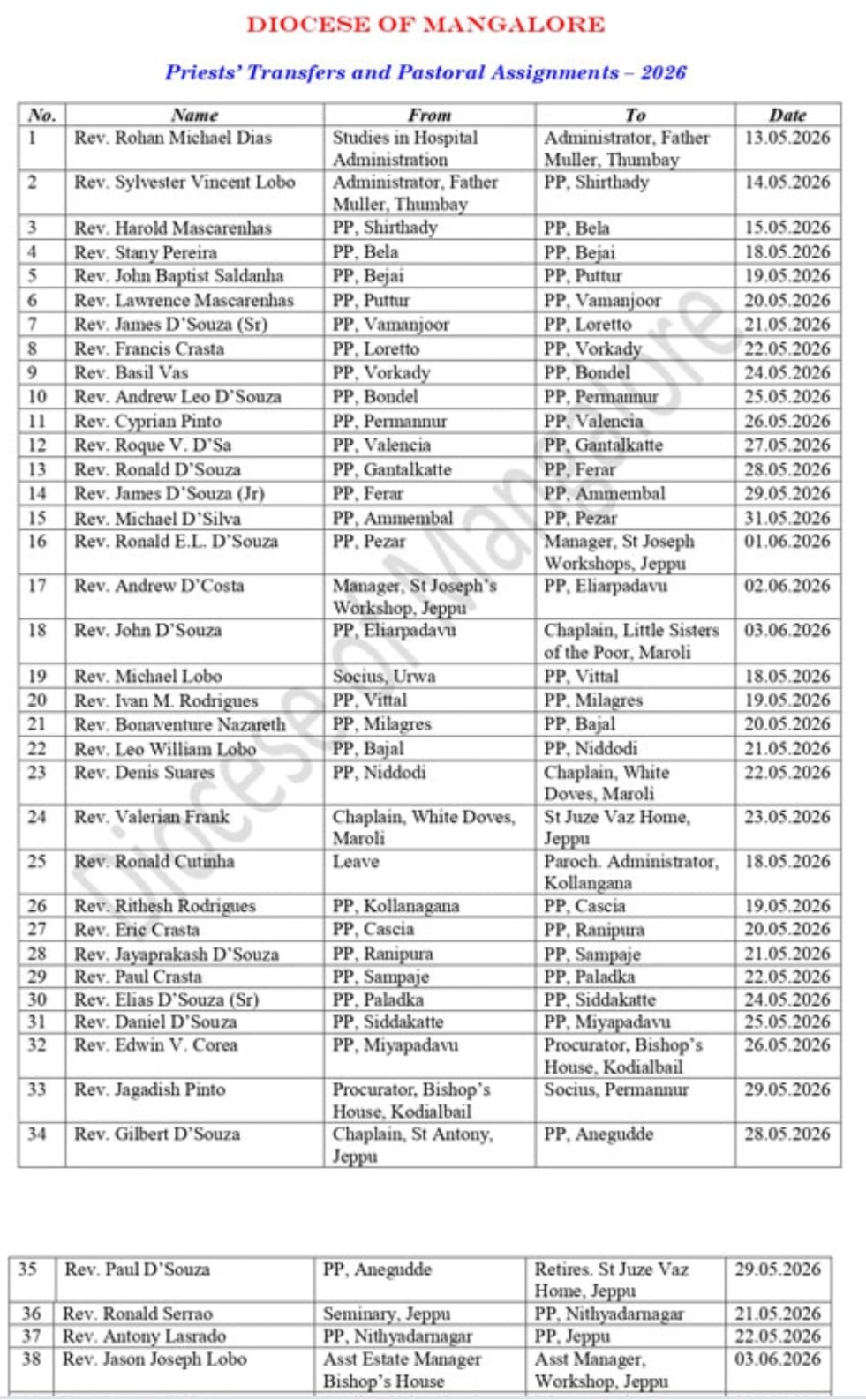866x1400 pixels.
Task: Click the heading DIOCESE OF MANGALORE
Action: pos(425,25)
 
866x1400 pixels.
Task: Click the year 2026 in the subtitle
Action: pos(663,72)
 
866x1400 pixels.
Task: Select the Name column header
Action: pos(194,115)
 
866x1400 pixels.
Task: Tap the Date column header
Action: pos(787,115)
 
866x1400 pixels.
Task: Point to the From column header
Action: pos(429,115)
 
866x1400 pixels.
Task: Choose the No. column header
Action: pos(41,115)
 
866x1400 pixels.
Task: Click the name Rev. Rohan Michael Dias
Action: pos(173,138)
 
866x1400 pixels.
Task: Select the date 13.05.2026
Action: pos(787,138)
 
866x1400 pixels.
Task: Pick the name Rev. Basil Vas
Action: pos(132,372)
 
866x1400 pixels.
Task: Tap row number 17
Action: pos(37,586)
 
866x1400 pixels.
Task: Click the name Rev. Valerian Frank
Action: pos(152,817)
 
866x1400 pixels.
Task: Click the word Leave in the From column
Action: pos(356,861)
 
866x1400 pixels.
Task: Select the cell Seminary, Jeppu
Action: pos(387,1314)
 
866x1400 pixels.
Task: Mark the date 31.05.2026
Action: pos(787,518)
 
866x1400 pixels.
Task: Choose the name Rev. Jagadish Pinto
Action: pos(150,1089)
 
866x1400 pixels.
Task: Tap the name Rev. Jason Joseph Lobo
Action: pos(154,1359)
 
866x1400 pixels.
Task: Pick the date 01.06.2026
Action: pos(787,541)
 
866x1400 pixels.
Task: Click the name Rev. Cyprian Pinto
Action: pos(147,421)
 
